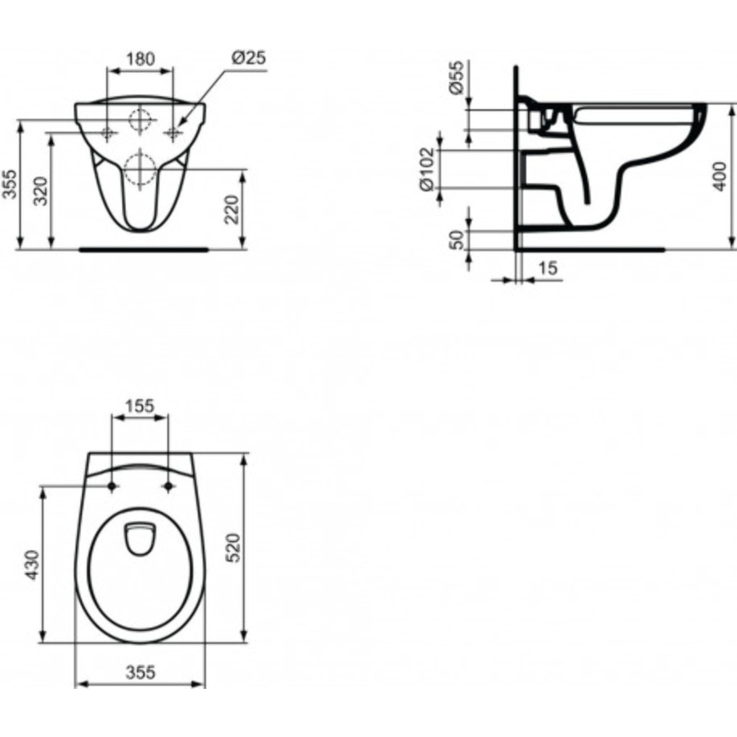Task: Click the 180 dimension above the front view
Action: (x=140, y=58)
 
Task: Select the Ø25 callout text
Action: (x=249, y=57)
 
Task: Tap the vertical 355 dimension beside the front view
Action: (x=11, y=184)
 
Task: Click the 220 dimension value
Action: (x=231, y=209)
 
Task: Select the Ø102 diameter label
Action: (x=427, y=169)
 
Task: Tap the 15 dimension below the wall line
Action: (x=547, y=268)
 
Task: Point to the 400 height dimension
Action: (x=720, y=176)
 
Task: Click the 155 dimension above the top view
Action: (x=139, y=406)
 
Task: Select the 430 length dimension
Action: (x=32, y=565)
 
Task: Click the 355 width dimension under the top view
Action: (x=140, y=672)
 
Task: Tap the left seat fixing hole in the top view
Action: (x=112, y=486)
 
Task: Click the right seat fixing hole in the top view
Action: (x=169, y=486)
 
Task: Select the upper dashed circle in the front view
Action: (x=140, y=120)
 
